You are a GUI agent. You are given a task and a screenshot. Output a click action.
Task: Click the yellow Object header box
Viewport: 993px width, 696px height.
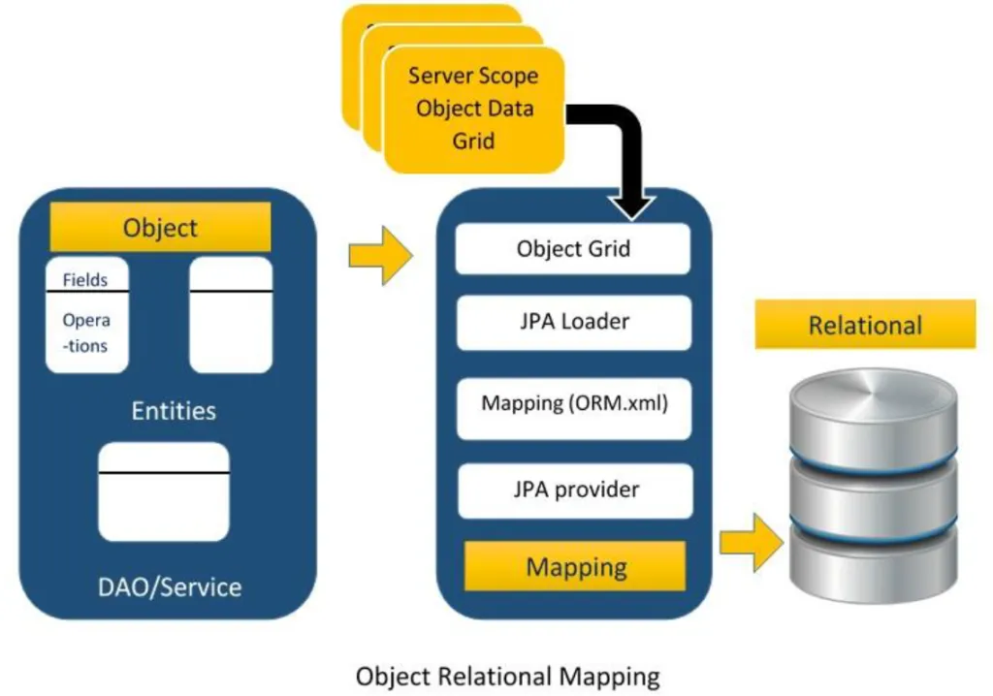click(x=160, y=227)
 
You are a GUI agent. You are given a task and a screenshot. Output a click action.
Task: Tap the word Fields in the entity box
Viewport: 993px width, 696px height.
click(x=85, y=279)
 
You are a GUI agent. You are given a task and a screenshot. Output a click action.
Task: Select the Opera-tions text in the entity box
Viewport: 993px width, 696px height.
click(x=85, y=332)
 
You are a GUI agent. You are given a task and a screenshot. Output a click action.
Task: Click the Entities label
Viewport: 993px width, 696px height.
click(x=174, y=410)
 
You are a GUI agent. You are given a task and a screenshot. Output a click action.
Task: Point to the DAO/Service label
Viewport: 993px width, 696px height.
click(x=170, y=587)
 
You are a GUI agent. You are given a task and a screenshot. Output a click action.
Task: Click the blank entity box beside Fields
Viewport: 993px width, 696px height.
click(x=231, y=314)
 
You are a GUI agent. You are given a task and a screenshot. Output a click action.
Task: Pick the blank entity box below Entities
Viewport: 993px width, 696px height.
click(x=164, y=491)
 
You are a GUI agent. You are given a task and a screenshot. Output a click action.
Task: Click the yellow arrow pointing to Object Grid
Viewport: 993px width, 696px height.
click(x=380, y=256)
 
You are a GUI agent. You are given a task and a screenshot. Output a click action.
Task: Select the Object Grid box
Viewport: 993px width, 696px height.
click(x=573, y=248)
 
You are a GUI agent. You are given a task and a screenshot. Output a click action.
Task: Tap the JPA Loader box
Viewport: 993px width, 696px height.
click(x=574, y=322)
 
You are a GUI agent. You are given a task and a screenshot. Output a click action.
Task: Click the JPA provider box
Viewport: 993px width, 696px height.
click(x=576, y=490)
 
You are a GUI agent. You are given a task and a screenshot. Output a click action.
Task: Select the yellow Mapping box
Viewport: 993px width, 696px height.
click(x=575, y=566)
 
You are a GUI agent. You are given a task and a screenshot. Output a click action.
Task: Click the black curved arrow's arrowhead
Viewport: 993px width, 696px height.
click(x=631, y=206)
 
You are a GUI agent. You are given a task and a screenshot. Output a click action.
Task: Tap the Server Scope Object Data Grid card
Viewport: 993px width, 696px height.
click(x=473, y=109)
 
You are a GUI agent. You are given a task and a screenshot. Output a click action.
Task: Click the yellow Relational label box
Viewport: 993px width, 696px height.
click(x=865, y=325)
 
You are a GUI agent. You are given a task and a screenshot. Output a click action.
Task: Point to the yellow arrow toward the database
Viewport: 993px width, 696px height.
click(x=752, y=543)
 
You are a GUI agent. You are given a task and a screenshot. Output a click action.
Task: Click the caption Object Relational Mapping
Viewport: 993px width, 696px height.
click(x=508, y=677)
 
